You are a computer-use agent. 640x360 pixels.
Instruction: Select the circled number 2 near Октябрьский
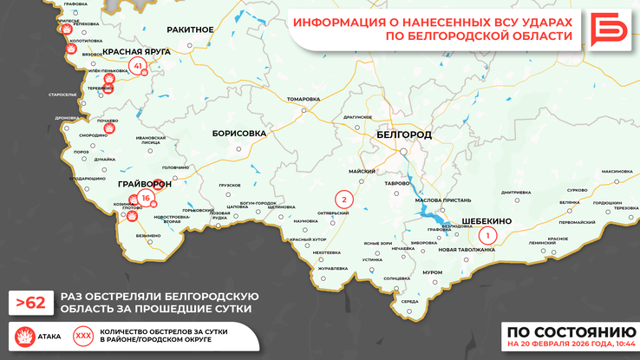point(344,200)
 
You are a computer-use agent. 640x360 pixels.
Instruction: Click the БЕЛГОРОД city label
point(404,135)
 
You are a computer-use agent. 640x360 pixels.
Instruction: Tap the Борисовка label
point(238,134)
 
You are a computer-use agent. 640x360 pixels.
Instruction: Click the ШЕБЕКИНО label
point(487,220)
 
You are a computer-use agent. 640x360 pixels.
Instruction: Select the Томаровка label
point(303,99)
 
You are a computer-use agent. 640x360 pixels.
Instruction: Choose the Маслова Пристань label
point(442,200)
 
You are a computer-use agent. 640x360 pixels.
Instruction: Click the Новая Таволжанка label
point(467,250)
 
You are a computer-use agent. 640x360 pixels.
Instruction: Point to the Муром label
point(432,272)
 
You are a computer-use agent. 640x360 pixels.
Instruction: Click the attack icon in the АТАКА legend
point(23,335)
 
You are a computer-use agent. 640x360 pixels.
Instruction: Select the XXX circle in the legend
point(83,335)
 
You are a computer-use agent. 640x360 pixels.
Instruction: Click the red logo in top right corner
point(611,29)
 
